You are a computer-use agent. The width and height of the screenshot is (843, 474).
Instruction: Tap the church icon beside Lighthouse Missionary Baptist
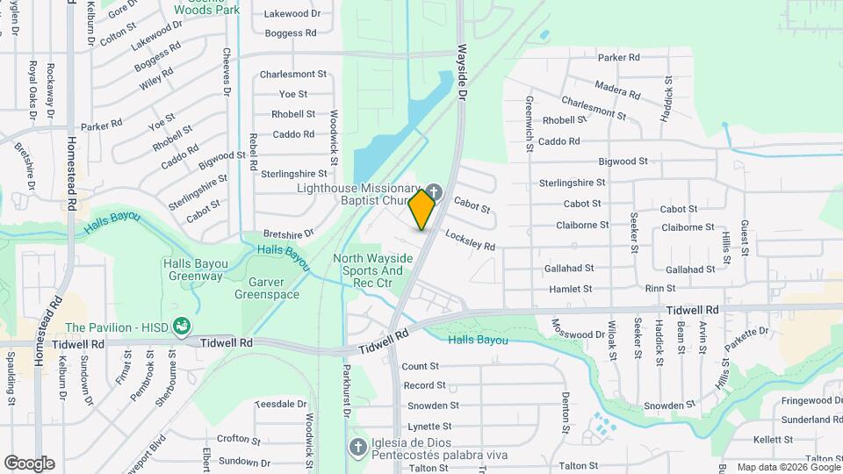433,190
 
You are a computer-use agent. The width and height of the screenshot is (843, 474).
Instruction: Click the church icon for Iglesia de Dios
357,447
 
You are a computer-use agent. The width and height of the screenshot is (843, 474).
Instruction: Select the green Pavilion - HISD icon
183,327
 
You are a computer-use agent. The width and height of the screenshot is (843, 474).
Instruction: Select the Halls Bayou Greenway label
194,269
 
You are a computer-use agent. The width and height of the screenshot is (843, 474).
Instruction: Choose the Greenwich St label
530,125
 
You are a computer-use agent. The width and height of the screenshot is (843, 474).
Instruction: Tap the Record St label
425,385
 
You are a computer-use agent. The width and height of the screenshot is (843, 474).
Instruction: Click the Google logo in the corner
29,463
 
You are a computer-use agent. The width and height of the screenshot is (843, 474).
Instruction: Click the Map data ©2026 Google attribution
788,467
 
